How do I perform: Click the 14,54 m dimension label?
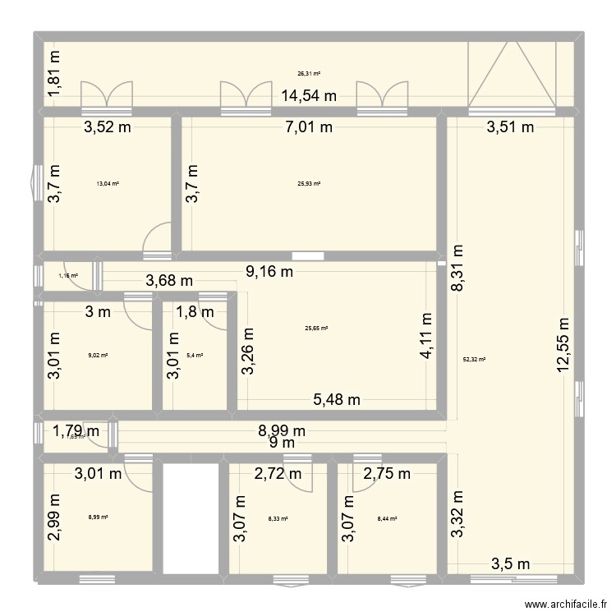[309, 96]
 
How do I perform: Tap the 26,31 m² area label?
[309, 73]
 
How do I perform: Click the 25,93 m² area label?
[309, 184]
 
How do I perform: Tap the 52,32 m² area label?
[475, 360]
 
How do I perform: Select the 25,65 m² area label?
[316, 329]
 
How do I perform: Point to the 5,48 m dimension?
[337, 400]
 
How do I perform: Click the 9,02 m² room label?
[98, 356]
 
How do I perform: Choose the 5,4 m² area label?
[195, 356]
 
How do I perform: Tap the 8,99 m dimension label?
[281, 430]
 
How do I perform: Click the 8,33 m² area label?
[278, 518]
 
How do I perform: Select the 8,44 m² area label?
[387, 518]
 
